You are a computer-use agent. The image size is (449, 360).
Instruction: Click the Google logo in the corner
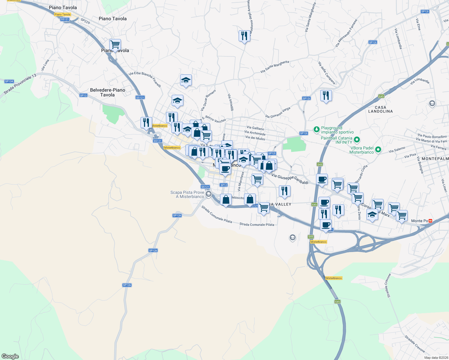pyautogui.click(x=10, y=356)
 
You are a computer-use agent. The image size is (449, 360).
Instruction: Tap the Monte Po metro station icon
pyautogui.click(x=430, y=221)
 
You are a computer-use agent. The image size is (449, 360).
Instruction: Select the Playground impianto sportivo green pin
pyautogui.click(x=316, y=129)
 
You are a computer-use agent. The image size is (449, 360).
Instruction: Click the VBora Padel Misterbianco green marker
pyautogui.click(x=378, y=149)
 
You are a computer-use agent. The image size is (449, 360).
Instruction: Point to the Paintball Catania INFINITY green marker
pyautogui.click(x=357, y=139)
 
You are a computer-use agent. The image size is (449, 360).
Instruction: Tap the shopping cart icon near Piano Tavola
pyautogui.click(x=115, y=45)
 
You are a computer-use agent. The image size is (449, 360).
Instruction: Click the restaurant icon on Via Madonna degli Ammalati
pyautogui.click(x=244, y=36)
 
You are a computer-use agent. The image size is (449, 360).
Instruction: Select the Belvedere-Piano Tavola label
pyautogui.click(x=107, y=92)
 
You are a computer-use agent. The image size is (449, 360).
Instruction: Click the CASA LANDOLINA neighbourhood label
pyautogui.click(x=380, y=109)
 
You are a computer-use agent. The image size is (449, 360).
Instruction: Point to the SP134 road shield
pyautogui.click(x=9, y=81)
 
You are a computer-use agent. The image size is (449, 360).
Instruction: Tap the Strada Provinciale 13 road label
pyautogui.click(x=20, y=84)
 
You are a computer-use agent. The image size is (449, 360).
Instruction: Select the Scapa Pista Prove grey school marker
pyautogui.click(x=209, y=194)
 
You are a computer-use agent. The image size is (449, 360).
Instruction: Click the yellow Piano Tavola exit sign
pyautogui.click(x=62, y=14)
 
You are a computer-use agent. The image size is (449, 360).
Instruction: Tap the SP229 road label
pyautogui.click(x=85, y=21)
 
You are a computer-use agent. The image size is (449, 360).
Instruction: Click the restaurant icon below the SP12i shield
pyautogui.click(x=326, y=96)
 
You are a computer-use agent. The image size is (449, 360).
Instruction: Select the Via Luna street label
pyautogui.click(x=45, y=65)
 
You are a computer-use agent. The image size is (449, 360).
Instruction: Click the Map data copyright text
pyautogui.click(x=436, y=358)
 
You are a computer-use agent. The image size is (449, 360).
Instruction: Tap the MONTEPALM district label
pyautogui.click(x=435, y=158)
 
